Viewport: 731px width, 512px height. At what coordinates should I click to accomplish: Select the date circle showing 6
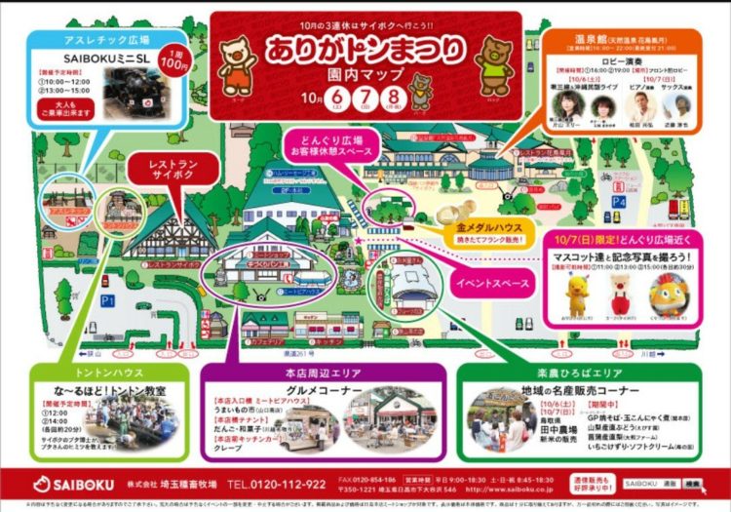tap(338, 98)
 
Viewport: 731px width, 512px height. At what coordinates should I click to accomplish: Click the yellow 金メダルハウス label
tap(483, 227)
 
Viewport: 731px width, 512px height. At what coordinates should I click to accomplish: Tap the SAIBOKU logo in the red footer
tap(72, 484)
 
